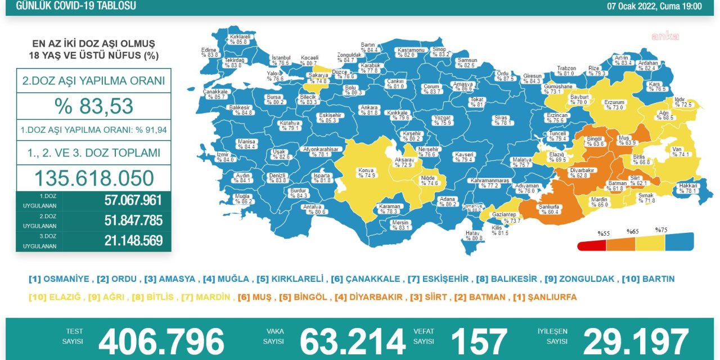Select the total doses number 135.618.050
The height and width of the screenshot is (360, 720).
[94, 178]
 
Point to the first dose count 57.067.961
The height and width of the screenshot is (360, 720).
[133, 200]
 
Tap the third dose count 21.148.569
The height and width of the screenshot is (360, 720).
[133, 241]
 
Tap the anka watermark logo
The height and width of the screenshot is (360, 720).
[665, 37]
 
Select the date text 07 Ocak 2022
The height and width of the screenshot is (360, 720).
[632, 6]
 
